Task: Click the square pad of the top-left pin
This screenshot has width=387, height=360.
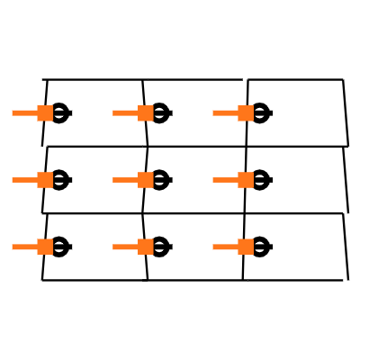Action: click(x=45, y=112)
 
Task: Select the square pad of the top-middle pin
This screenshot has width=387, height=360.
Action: click(x=145, y=112)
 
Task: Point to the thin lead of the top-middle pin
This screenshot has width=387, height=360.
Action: click(x=124, y=112)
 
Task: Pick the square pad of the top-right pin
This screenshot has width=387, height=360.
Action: click(x=246, y=112)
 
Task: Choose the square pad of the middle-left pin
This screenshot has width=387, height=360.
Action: click(x=45, y=180)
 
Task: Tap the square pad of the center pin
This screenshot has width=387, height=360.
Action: click(x=145, y=180)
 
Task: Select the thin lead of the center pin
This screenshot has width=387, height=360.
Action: click(x=124, y=180)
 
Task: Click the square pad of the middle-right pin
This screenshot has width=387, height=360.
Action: click(x=246, y=180)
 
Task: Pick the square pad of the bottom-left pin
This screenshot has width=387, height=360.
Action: click(x=45, y=247)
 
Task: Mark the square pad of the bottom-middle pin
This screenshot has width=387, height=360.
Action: click(x=145, y=247)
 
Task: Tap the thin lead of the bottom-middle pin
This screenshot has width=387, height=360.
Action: click(x=124, y=247)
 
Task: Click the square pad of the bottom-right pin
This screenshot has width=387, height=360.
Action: click(x=246, y=247)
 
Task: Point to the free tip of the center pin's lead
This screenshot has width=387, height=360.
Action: click(x=113, y=180)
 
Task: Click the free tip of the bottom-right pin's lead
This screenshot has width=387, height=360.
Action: click(x=214, y=247)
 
